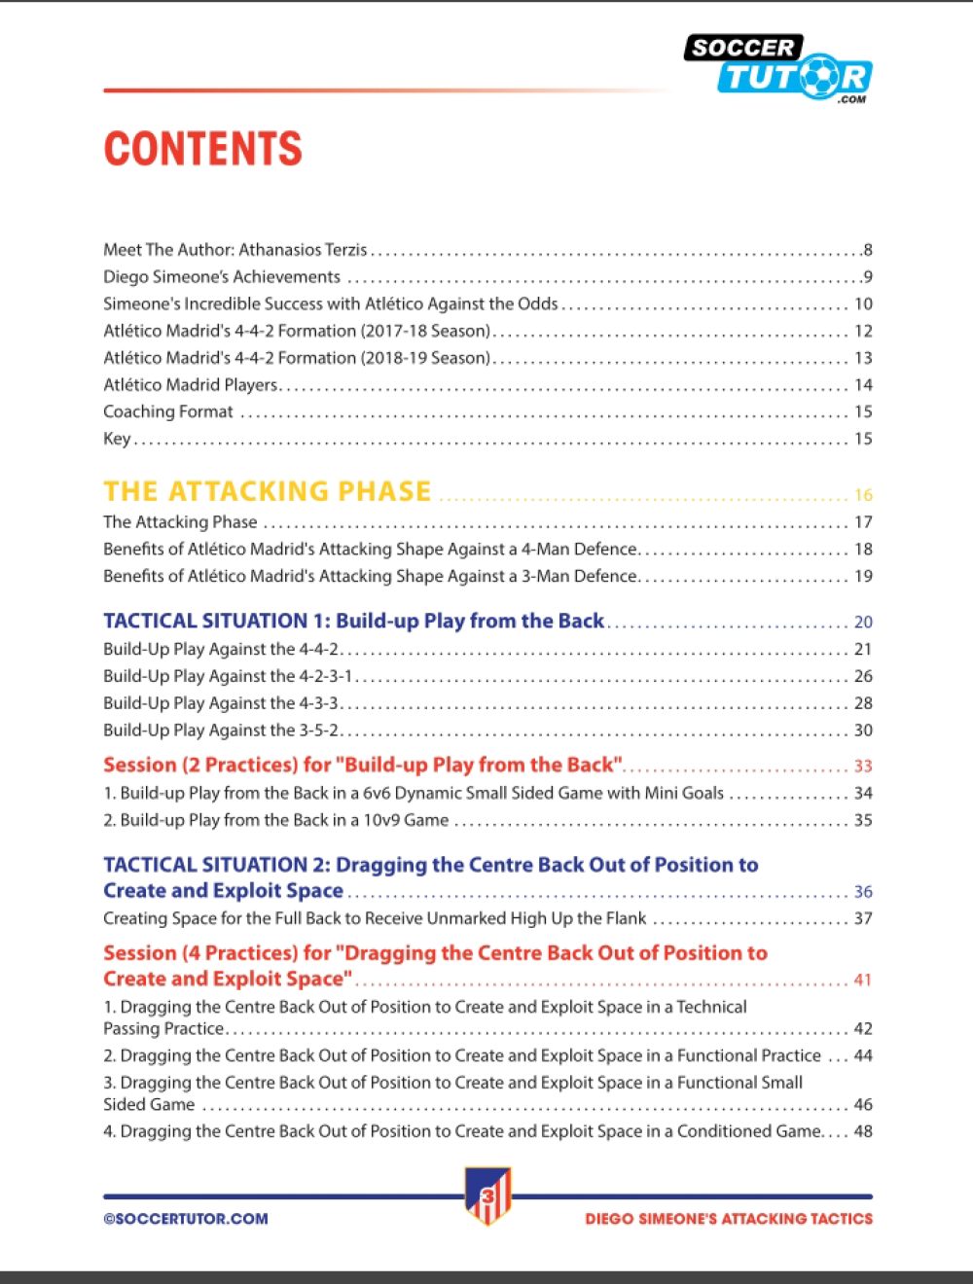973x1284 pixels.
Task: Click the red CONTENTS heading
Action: click(202, 149)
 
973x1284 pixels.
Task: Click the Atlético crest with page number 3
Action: click(487, 1195)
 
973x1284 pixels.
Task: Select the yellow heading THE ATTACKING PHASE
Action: click(267, 491)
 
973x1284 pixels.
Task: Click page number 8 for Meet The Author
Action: click(867, 250)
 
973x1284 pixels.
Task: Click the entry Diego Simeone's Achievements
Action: click(222, 277)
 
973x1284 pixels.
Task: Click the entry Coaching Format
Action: click(168, 411)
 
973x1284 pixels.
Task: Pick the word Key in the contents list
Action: click(117, 439)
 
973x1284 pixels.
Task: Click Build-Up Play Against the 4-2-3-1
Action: click(228, 676)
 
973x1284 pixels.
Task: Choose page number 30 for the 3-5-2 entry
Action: click(863, 731)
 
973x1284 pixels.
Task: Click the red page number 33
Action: click(863, 767)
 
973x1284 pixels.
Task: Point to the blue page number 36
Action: click(863, 892)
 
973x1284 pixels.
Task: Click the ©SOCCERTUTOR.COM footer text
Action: click(186, 1218)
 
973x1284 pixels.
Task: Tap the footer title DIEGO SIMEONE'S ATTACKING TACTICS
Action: click(729, 1218)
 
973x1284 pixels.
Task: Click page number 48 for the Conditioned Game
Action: click(863, 1131)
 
